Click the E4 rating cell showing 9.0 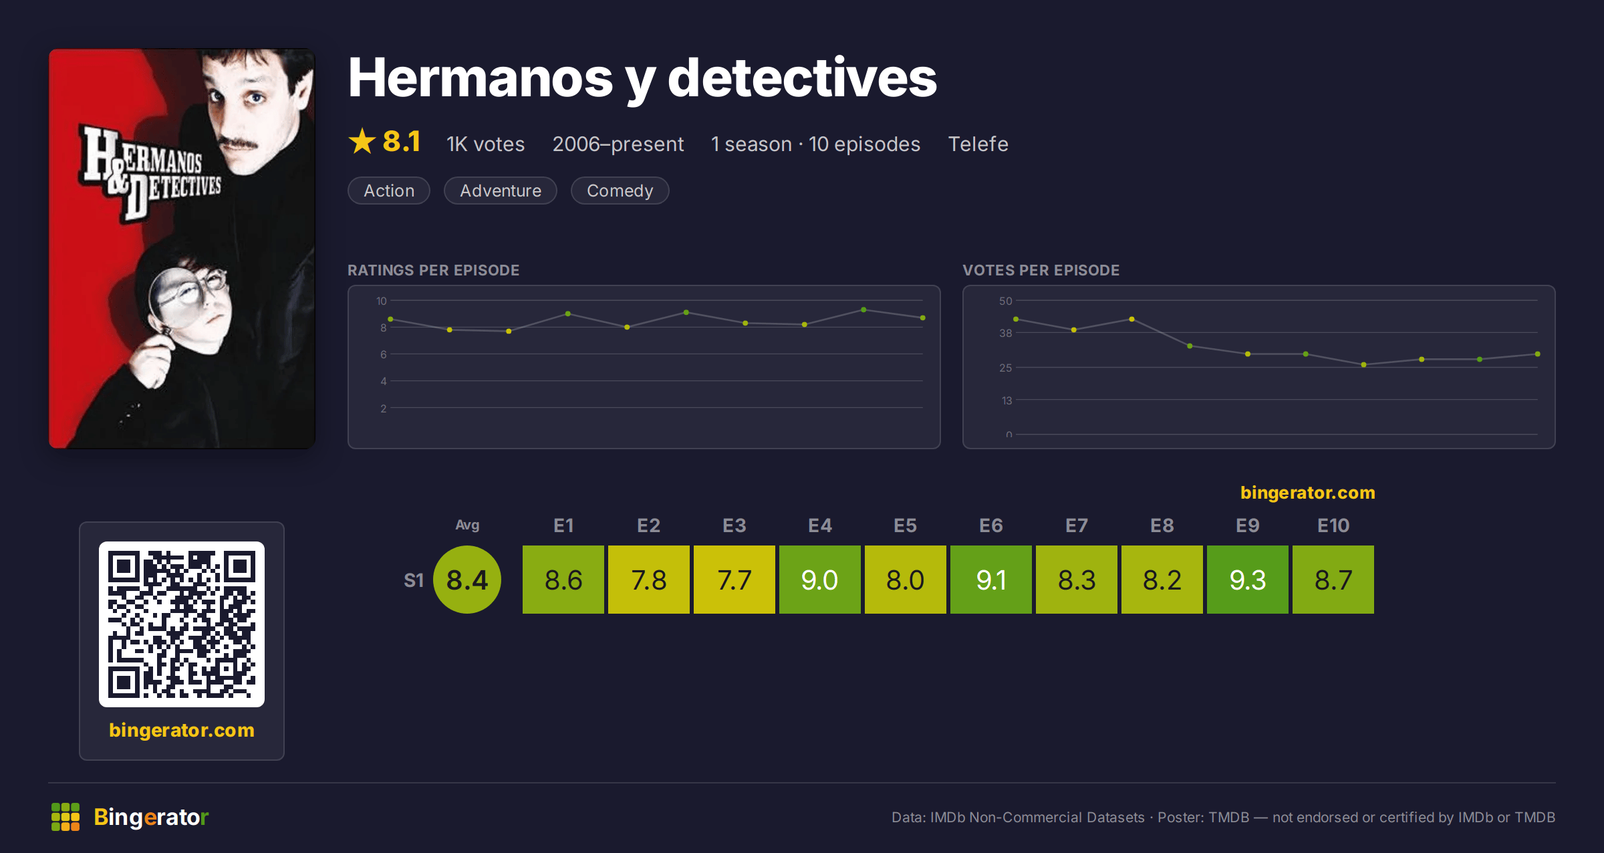tap(819, 580)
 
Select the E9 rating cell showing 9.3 tap(1247, 580)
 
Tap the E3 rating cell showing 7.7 tap(734, 580)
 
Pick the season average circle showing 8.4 tap(467, 580)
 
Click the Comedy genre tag tap(620, 191)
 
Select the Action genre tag tap(389, 191)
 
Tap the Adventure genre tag tap(501, 191)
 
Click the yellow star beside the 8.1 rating tap(362, 141)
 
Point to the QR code tap(182, 624)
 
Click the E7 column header tap(1076, 525)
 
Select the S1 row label tap(414, 580)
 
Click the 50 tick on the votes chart tap(1005, 301)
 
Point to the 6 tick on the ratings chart tap(384, 354)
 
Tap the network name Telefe tap(978, 144)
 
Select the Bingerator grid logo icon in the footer tap(65, 817)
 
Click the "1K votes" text tap(485, 144)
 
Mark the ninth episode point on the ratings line tap(863, 310)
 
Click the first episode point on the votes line tap(1016, 319)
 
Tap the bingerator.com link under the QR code tap(182, 729)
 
